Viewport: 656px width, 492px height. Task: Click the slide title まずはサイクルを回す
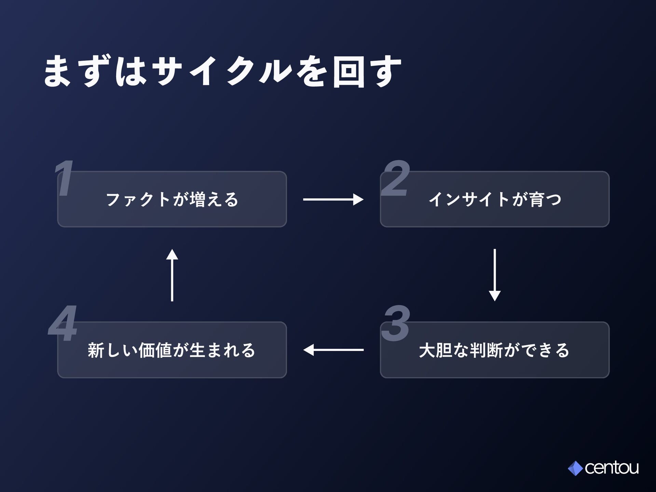[x=222, y=72]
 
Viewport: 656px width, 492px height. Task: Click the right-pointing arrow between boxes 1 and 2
[x=333, y=199]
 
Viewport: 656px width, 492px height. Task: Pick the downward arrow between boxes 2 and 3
[x=495, y=275]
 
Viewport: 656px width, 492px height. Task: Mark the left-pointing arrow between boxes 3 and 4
[x=333, y=350]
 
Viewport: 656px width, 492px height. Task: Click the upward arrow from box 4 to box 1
[x=172, y=275]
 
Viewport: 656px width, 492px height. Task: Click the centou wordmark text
[x=612, y=468]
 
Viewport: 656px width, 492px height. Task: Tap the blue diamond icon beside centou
[x=575, y=468]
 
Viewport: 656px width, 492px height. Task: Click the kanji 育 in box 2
[x=537, y=200]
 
